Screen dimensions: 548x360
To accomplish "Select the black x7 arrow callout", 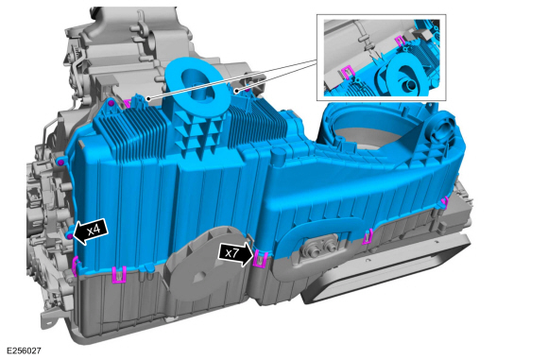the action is [x=235, y=253].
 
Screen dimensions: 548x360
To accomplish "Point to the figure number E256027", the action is [x=24, y=351].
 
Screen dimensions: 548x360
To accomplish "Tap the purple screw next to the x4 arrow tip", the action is [x=70, y=236].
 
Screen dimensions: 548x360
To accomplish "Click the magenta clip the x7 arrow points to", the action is [x=260, y=259].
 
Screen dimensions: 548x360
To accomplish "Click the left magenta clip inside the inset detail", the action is [x=347, y=73].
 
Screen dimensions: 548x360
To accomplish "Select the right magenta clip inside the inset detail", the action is [x=400, y=41].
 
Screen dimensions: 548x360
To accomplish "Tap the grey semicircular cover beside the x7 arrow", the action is [x=204, y=262].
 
